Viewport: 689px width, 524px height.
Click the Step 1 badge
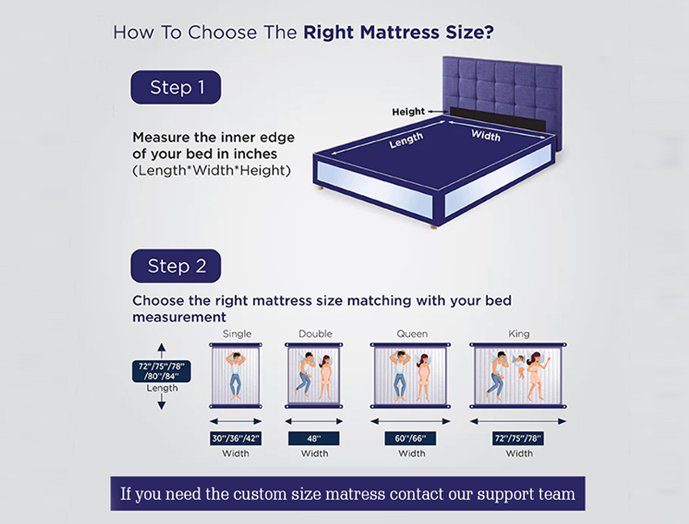click(176, 87)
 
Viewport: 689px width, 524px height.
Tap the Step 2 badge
click(175, 266)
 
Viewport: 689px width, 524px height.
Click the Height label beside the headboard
click(408, 111)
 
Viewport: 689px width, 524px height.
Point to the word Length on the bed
click(405, 140)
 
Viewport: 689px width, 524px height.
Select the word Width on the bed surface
click(485, 134)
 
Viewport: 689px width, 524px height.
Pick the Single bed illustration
click(237, 375)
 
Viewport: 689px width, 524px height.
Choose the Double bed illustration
click(314, 375)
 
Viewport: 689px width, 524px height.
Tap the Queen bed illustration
click(411, 375)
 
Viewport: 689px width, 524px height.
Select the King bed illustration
click(518, 375)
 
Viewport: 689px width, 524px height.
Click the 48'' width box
click(314, 438)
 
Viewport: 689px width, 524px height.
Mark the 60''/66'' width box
click(411, 438)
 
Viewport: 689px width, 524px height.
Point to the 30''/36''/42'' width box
click(236, 438)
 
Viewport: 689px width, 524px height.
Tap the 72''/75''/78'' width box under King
click(518, 438)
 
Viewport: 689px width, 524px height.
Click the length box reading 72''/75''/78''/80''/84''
click(162, 371)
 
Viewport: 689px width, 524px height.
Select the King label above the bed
click(519, 333)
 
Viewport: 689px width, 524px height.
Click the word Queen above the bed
click(411, 333)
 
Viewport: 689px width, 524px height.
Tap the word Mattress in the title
click(399, 33)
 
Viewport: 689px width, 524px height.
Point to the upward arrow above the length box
click(162, 350)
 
